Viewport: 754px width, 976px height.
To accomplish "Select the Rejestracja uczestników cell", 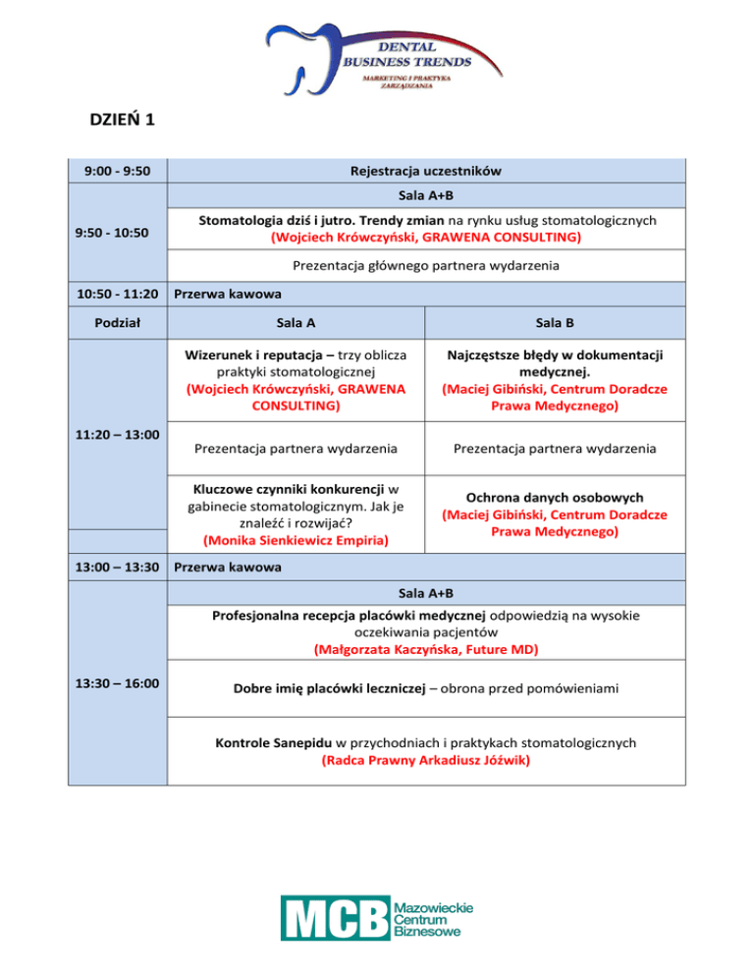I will [426, 171].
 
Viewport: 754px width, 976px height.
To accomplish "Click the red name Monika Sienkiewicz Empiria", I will [296, 539].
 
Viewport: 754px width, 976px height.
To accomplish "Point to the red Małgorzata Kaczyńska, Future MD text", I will [426, 649].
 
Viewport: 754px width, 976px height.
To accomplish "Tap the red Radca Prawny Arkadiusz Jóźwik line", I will [426, 759].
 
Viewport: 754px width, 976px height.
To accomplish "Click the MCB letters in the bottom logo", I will [335, 917].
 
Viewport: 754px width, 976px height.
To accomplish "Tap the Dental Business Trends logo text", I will [406, 55].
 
